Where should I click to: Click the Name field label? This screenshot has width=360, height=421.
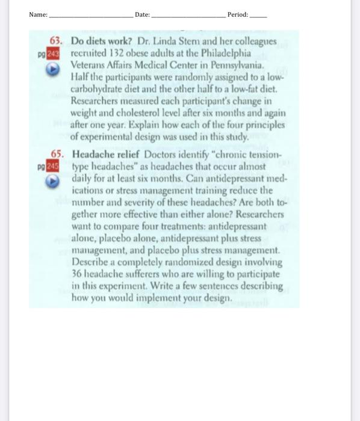(x=38, y=14)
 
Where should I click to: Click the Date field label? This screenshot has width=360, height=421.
(x=143, y=14)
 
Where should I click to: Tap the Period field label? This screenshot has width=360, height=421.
(x=238, y=14)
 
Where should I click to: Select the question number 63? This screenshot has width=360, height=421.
(x=57, y=41)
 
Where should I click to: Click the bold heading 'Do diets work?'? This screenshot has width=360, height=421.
(x=99, y=41)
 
